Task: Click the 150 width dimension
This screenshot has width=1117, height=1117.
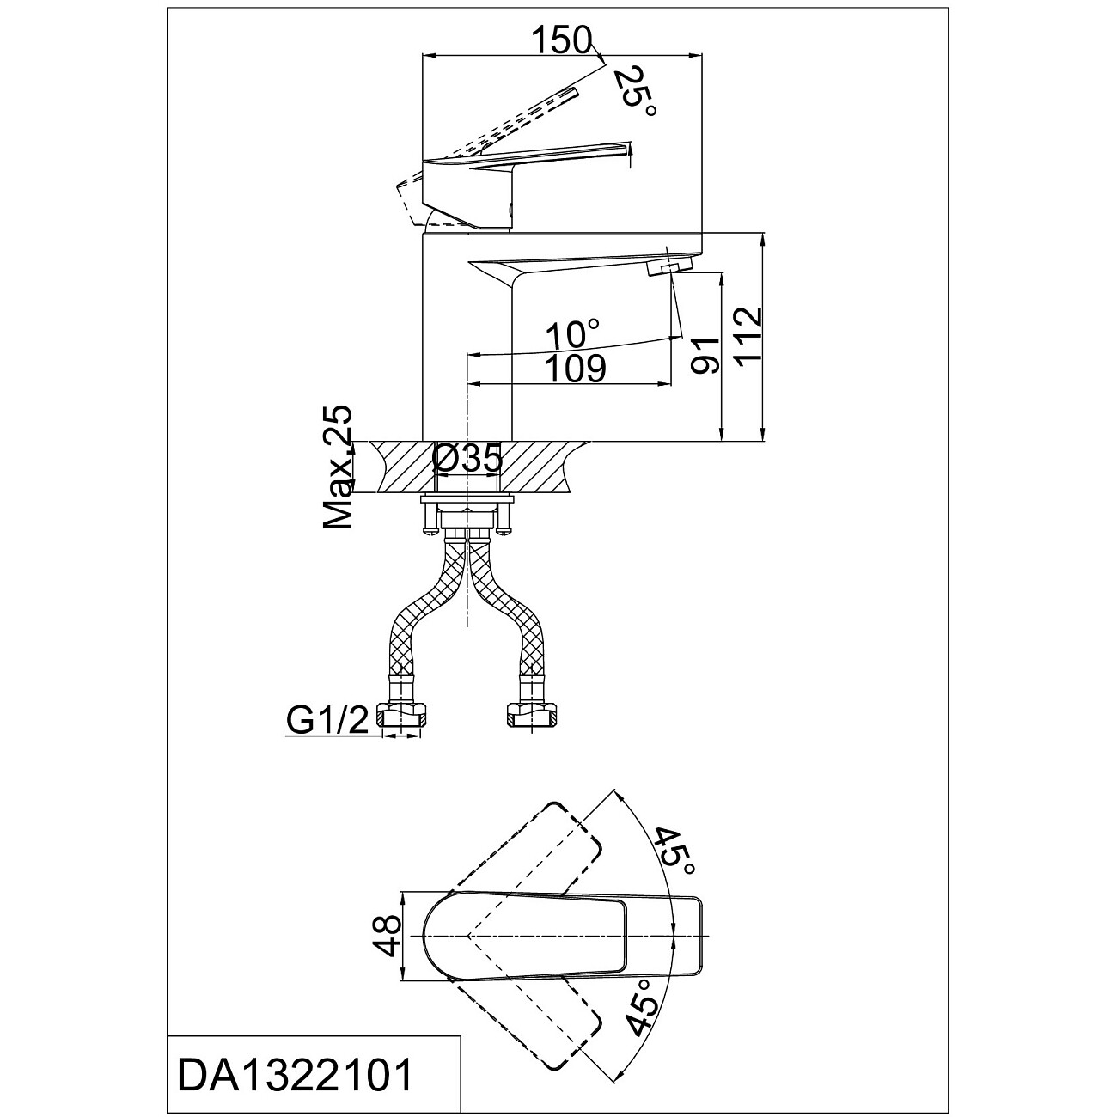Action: tap(562, 40)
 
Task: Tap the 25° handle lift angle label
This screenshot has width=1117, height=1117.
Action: tap(635, 92)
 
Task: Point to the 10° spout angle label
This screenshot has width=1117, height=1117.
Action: tap(572, 334)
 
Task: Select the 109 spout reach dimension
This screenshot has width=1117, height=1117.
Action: tap(576, 369)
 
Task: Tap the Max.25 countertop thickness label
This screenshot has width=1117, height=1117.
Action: tap(338, 467)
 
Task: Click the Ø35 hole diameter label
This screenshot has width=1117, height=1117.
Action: tap(467, 459)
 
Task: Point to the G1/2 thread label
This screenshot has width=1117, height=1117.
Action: tap(327, 722)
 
